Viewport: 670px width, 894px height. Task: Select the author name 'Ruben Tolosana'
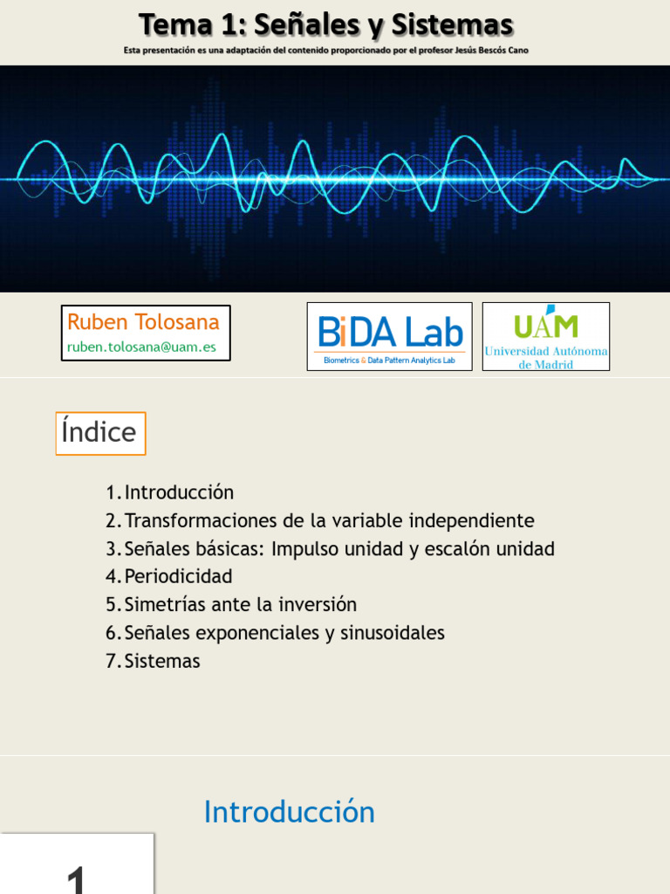pyautogui.click(x=144, y=322)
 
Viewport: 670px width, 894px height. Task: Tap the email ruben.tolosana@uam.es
pyautogui.click(x=141, y=347)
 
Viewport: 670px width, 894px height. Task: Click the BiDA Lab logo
pyautogui.click(x=390, y=332)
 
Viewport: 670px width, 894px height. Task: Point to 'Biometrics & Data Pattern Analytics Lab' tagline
pyautogui.click(x=389, y=360)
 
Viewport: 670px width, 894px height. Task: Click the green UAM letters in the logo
pyautogui.click(x=546, y=325)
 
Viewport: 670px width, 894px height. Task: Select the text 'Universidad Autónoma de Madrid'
pyautogui.click(x=546, y=357)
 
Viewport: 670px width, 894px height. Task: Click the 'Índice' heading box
pyautogui.click(x=100, y=433)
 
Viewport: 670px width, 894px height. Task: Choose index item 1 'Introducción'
pyautogui.click(x=179, y=492)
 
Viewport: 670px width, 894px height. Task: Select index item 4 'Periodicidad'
pyautogui.click(x=178, y=577)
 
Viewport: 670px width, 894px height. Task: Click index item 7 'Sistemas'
pyautogui.click(x=162, y=661)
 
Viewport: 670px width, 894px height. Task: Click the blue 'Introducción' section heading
pyautogui.click(x=289, y=812)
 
